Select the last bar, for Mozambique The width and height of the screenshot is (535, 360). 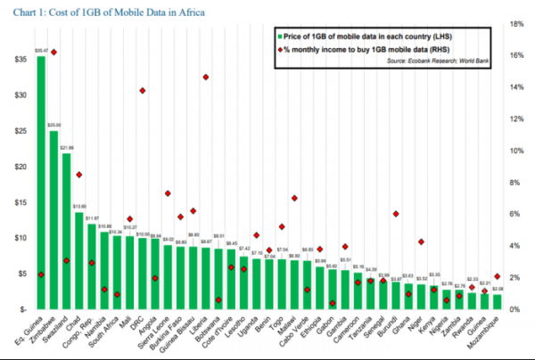[x=497, y=301]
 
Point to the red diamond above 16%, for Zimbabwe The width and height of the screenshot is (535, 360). [x=53, y=53]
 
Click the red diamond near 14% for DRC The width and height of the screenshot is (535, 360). [x=142, y=91]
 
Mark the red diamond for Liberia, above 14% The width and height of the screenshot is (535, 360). [x=205, y=78]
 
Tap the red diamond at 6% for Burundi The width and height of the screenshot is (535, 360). [x=395, y=214]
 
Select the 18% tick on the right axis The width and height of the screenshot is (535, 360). [x=515, y=24]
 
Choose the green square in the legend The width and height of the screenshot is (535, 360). [x=280, y=37]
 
